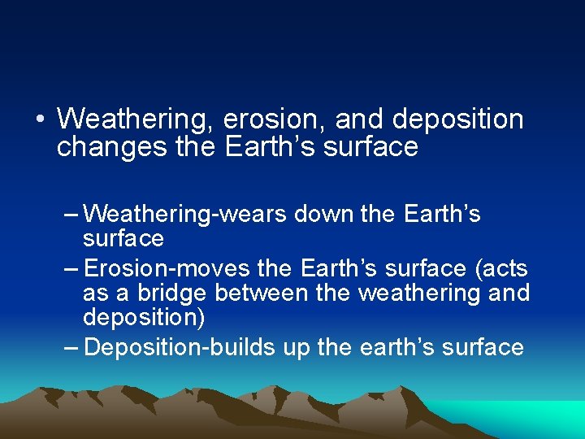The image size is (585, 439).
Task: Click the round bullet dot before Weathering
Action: [x=40, y=120]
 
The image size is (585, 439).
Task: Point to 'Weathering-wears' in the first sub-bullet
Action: [x=185, y=215]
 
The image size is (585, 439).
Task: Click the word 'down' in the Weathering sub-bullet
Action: [x=323, y=215]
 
